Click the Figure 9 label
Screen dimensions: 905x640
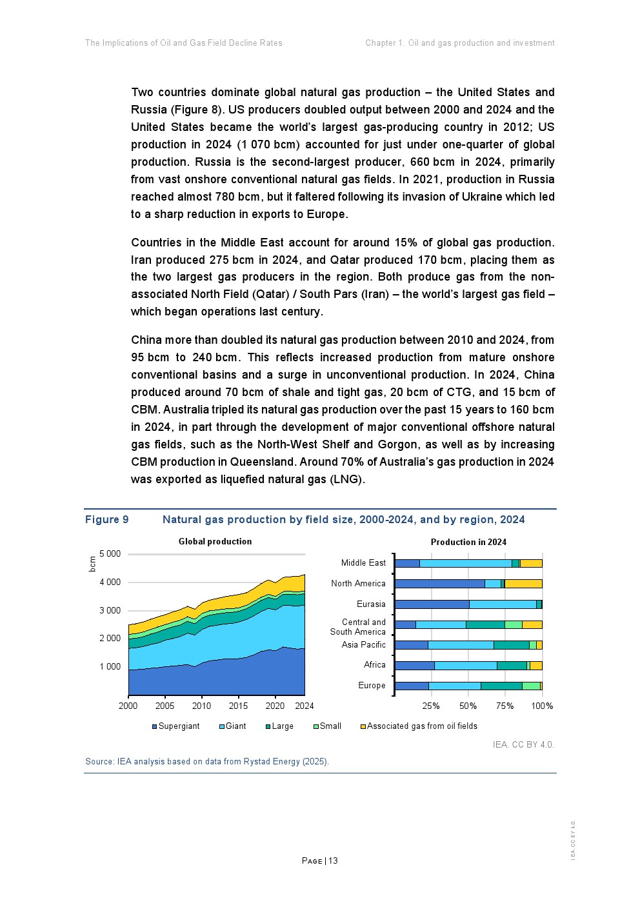pyautogui.click(x=106, y=520)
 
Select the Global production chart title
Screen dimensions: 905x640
pyautogui.click(x=215, y=542)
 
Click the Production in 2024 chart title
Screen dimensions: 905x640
pyautogui.click(x=468, y=542)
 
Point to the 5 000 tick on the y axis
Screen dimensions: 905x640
pyautogui.click(x=110, y=554)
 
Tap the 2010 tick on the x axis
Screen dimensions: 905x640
pyautogui.click(x=201, y=706)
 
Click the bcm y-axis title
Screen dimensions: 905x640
pyautogui.click(x=92, y=564)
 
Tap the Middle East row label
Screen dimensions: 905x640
pyautogui.click(x=363, y=563)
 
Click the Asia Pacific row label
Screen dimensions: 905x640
pyautogui.click(x=363, y=645)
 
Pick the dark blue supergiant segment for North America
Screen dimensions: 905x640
pyautogui.click(x=439, y=584)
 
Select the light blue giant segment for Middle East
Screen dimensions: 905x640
pyautogui.click(x=465, y=563)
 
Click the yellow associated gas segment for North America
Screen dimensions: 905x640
pyautogui.click(x=523, y=584)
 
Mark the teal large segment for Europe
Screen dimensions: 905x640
pyautogui.click(x=501, y=686)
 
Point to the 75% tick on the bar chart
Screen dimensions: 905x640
pyautogui.click(x=505, y=706)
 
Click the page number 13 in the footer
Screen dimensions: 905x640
pyautogui.click(x=333, y=861)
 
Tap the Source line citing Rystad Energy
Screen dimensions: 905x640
pyautogui.click(x=207, y=762)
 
